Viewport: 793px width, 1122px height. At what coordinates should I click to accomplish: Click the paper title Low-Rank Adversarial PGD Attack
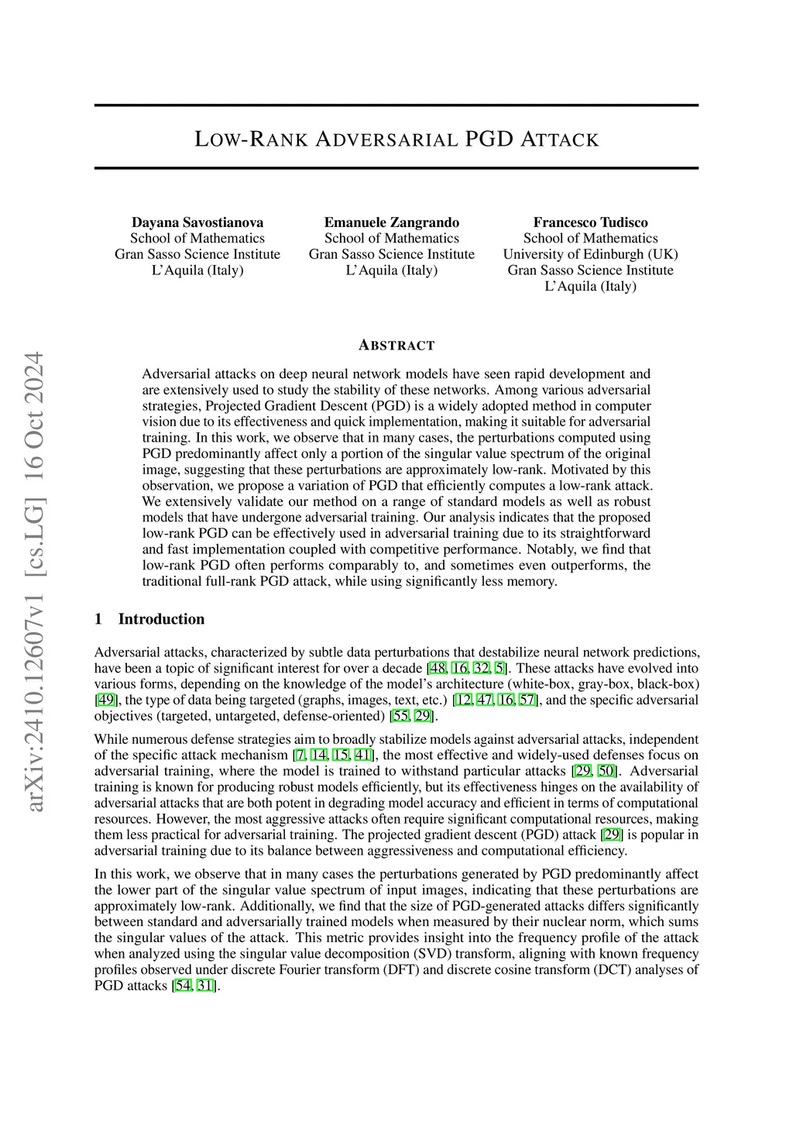[x=396, y=139]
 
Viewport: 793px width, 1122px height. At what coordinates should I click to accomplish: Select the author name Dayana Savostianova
[x=197, y=222]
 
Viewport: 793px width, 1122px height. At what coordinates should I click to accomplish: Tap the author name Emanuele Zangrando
[x=392, y=222]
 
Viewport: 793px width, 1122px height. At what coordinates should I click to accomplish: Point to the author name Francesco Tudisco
[x=590, y=222]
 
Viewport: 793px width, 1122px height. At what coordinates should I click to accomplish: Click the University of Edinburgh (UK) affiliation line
[x=590, y=254]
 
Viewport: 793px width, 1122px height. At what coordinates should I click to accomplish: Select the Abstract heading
[x=396, y=346]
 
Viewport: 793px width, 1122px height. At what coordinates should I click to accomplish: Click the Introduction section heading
[x=161, y=619]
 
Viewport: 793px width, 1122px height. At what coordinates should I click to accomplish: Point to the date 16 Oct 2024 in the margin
[x=35, y=415]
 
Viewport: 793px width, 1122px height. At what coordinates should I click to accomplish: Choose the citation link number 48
[x=438, y=669]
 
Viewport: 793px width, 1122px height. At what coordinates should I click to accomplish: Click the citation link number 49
[x=107, y=700]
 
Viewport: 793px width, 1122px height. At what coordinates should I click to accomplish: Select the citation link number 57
[x=527, y=700]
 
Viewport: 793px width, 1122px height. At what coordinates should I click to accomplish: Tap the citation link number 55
[x=400, y=716]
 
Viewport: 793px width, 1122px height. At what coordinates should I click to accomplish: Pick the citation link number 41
[x=362, y=755]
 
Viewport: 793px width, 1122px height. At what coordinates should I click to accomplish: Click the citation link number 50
[x=607, y=771]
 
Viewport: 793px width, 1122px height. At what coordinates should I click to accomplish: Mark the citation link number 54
[x=184, y=986]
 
